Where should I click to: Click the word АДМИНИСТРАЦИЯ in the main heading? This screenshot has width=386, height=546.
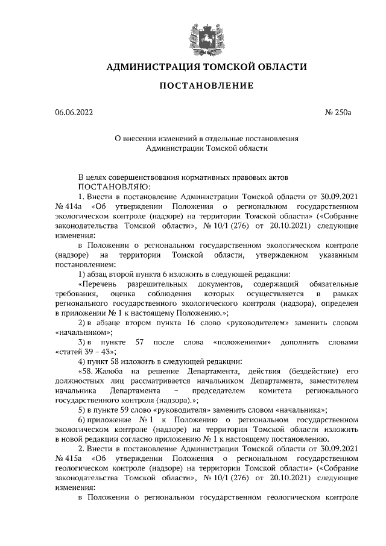click(148, 67)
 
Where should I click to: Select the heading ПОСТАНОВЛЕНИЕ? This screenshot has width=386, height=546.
click(206, 86)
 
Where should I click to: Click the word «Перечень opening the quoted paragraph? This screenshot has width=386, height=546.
click(100, 284)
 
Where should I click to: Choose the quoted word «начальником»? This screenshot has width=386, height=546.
click(84, 332)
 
